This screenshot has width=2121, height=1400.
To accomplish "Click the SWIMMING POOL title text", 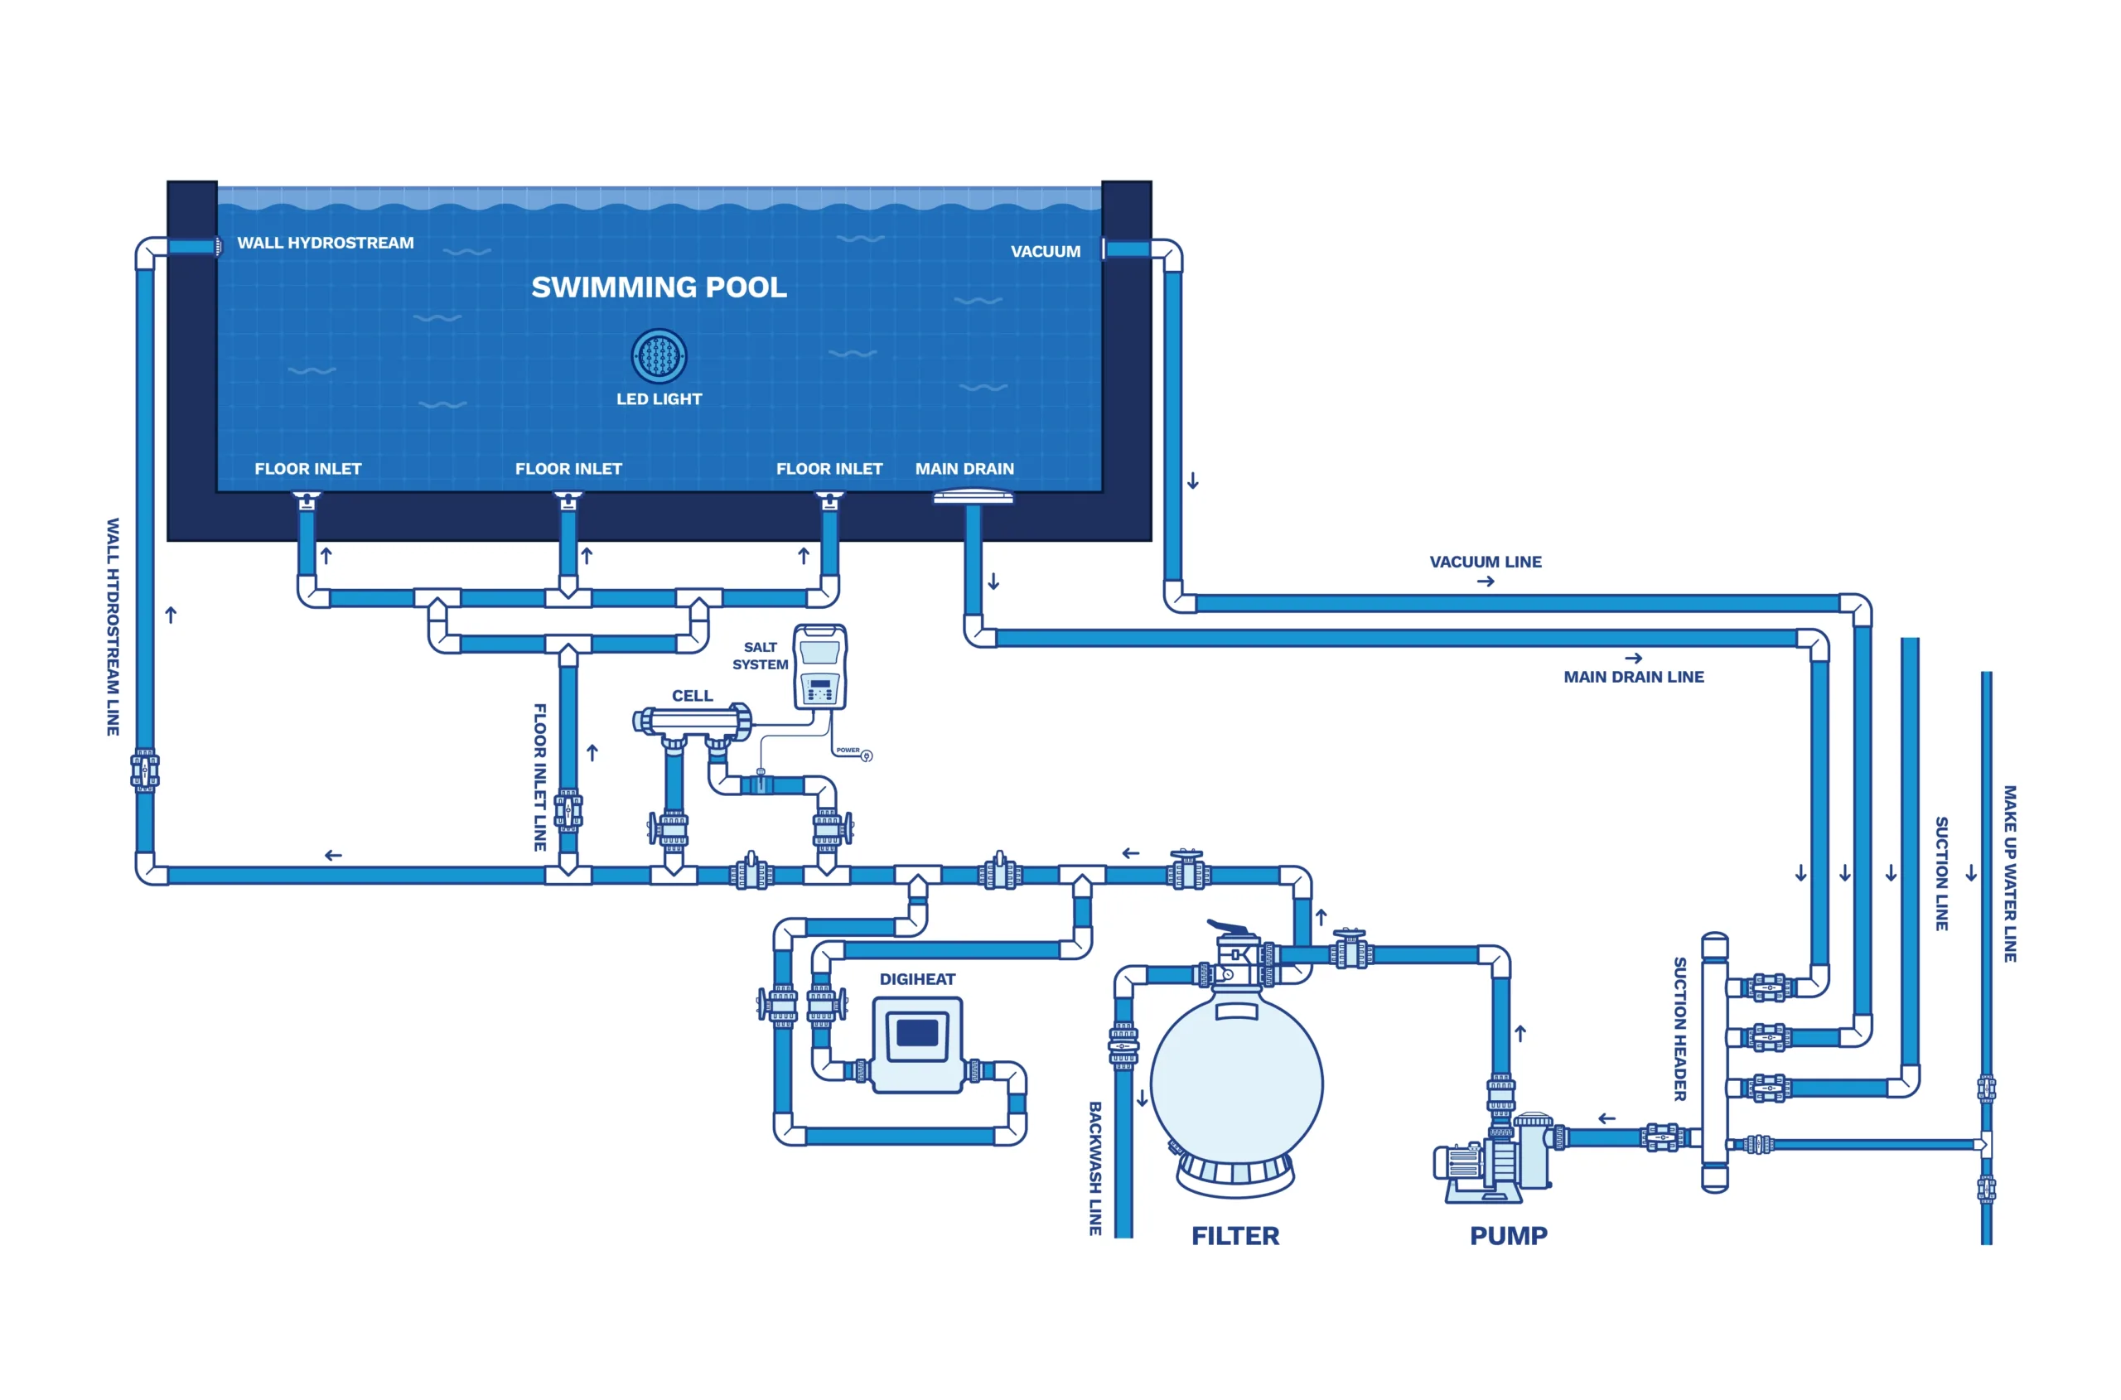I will pos(659,287).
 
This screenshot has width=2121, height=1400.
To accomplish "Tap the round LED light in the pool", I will pos(659,355).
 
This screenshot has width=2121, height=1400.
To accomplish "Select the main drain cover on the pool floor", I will pos(973,496).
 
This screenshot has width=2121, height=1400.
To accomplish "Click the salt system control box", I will pos(820,666).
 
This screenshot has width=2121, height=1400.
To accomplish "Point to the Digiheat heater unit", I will pos(917,1044).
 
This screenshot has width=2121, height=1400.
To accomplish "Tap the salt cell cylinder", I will pos(692,721).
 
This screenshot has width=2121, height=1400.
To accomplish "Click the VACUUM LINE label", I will pos(1486,562).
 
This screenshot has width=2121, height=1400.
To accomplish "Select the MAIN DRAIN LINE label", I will pos(1633,677).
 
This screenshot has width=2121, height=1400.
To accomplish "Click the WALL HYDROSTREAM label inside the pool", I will pos(325,243).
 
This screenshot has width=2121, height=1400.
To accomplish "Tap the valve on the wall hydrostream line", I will pos(145,770).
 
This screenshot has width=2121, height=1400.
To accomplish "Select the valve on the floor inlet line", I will pos(568,811).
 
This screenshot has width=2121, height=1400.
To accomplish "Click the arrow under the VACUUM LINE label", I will pos(1486,582).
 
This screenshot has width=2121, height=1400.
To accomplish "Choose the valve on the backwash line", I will pos(1123,1045).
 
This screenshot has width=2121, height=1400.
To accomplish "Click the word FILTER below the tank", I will pos(1235,1236).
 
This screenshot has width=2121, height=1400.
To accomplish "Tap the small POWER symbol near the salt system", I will pos(865,756).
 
